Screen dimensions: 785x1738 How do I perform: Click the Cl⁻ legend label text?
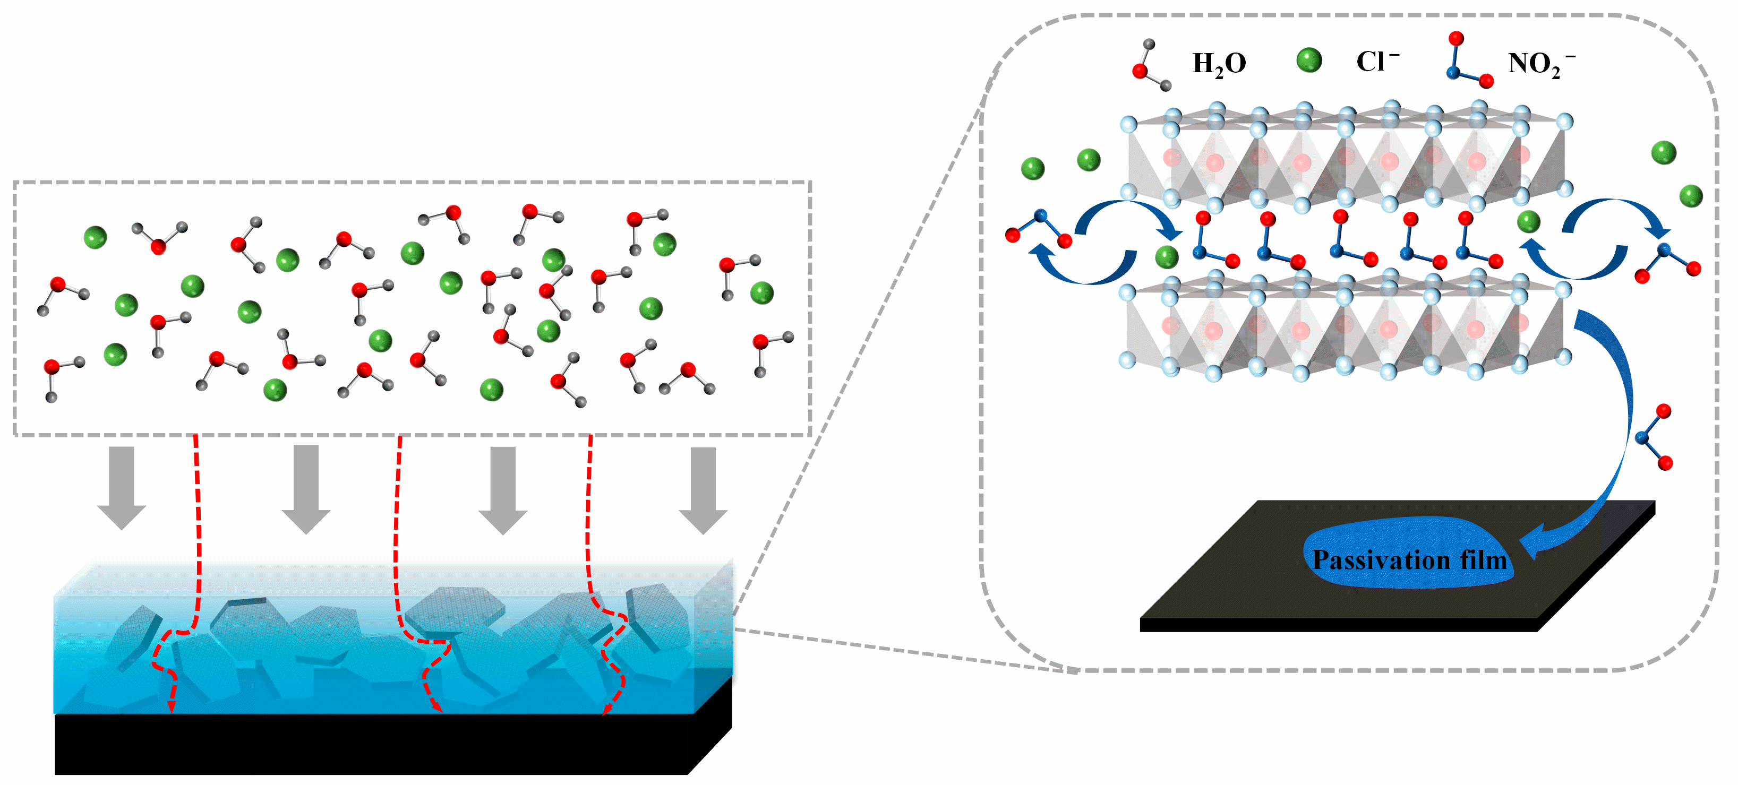(1377, 62)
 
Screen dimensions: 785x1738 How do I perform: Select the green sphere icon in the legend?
(1309, 60)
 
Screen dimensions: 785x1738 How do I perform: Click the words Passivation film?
(1409, 560)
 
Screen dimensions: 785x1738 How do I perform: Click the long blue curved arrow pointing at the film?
(1619, 432)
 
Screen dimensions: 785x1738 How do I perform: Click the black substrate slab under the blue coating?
(371, 745)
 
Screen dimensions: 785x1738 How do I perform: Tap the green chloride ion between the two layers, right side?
(1528, 221)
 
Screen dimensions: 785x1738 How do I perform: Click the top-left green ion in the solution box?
(95, 237)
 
